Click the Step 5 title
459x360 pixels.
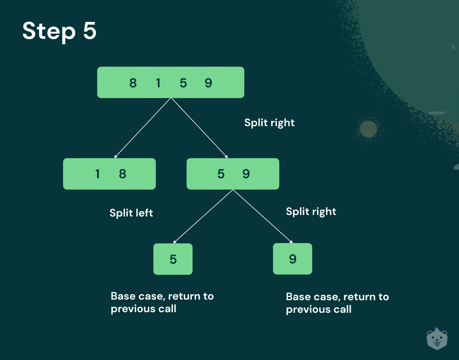pos(59,31)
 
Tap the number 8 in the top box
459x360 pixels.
pos(133,83)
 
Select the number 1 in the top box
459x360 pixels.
pos(158,83)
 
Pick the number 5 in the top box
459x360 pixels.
pos(183,83)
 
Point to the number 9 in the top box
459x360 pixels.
pos(208,83)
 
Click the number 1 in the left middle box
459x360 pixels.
pos(97,174)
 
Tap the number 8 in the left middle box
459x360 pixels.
pos(123,174)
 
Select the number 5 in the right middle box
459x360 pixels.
pos(221,174)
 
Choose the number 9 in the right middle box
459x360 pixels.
pos(246,174)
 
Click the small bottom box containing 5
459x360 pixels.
pos(173,259)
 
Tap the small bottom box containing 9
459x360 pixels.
pos(292,259)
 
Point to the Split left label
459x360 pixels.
pos(131,213)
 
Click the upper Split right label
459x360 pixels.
pos(269,123)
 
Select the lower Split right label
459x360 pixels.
pos(311,211)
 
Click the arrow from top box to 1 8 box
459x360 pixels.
pos(143,128)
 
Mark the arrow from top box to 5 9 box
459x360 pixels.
pos(199,128)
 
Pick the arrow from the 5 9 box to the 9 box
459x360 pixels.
pos(263,216)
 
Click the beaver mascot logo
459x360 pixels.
pos(437,339)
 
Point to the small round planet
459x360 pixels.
pos(368,129)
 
